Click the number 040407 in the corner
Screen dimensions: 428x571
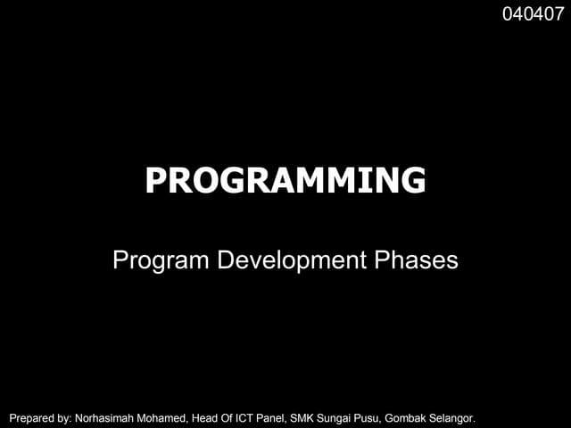[x=533, y=14]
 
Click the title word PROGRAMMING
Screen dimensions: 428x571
[x=285, y=181]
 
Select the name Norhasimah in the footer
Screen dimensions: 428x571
[x=106, y=416]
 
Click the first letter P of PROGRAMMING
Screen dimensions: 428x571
[x=155, y=181]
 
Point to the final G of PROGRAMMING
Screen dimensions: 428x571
[x=413, y=181]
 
